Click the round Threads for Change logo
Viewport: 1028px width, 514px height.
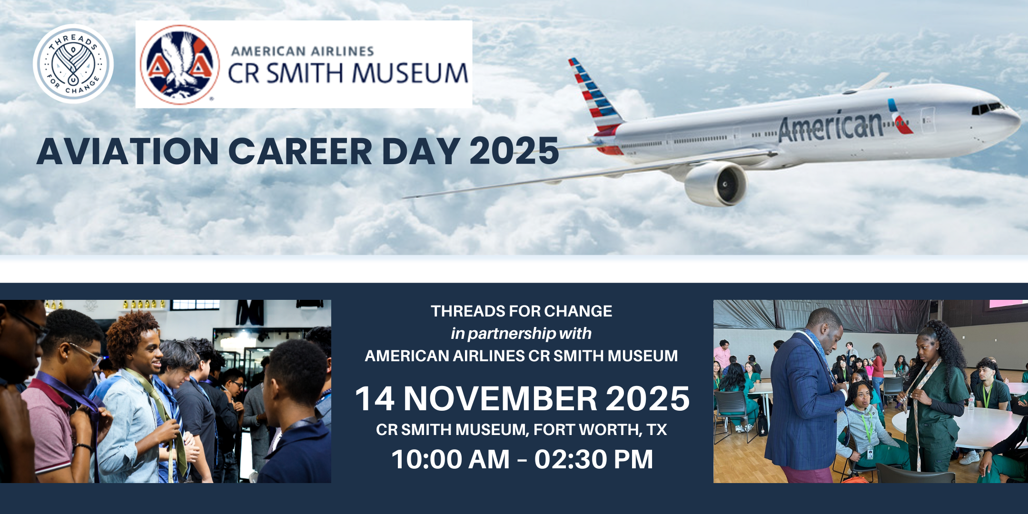point(73,64)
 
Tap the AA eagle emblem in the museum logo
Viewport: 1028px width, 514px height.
point(179,64)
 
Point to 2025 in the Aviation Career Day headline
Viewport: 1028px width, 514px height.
point(514,151)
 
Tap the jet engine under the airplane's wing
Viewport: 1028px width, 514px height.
point(715,184)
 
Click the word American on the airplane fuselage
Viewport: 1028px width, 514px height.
point(831,126)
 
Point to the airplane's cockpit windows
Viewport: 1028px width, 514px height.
point(987,108)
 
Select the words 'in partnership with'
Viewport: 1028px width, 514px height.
point(521,334)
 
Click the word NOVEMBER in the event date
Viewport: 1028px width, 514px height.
point(500,398)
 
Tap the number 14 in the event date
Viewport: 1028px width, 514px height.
point(375,398)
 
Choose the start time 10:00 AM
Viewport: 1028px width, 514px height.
point(450,459)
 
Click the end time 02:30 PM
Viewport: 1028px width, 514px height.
point(593,459)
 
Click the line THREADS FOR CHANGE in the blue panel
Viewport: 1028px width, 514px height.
point(521,311)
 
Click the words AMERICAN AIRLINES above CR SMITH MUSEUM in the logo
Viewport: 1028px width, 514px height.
point(303,51)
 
